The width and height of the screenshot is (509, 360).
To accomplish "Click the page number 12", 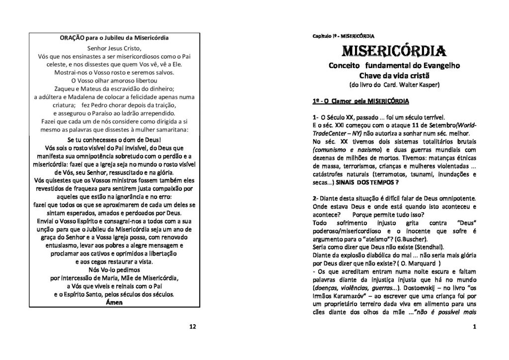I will [x=193, y=326].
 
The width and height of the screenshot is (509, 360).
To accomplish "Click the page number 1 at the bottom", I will [x=475, y=326].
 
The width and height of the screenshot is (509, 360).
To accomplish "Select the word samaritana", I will [x=169, y=130].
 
